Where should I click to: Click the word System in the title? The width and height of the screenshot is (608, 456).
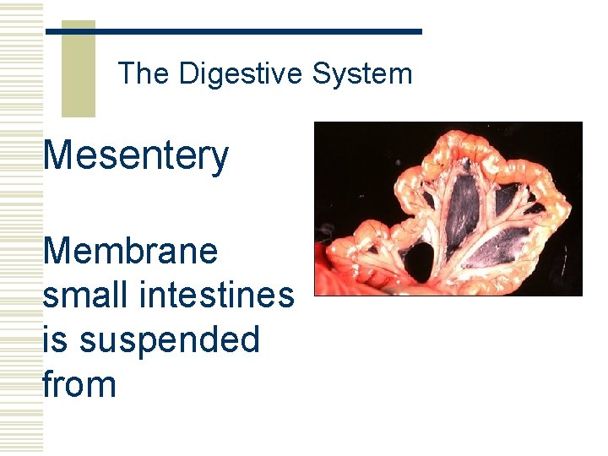click(x=362, y=74)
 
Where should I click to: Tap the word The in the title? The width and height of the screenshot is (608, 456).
click(x=144, y=74)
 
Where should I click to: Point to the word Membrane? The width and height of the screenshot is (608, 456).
click(x=130, y=251)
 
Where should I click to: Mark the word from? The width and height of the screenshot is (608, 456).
click(x=79, y=384)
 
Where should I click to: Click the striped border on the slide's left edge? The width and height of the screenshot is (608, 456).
click(x=21, y=228)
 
